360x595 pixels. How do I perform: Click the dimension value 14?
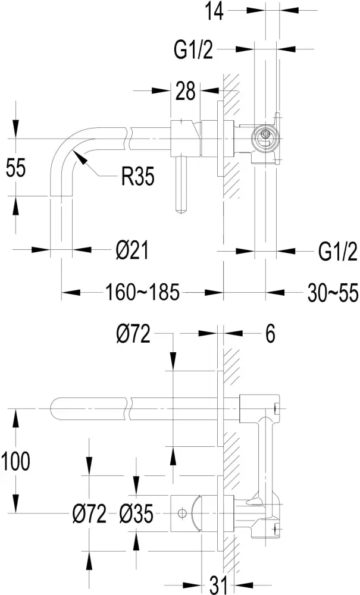215,11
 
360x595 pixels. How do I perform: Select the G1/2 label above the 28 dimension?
193,51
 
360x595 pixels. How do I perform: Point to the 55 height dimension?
15,168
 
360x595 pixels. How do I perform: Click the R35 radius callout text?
137,176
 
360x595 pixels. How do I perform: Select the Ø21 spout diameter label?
131,252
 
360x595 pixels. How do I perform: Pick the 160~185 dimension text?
143,292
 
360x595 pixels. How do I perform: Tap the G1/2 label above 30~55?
337,252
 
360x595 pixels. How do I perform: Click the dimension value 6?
270,335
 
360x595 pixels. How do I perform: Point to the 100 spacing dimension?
15,461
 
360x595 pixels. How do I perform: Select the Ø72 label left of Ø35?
86,513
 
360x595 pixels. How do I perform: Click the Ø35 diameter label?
136,513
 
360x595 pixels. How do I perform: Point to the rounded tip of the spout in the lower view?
55,409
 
